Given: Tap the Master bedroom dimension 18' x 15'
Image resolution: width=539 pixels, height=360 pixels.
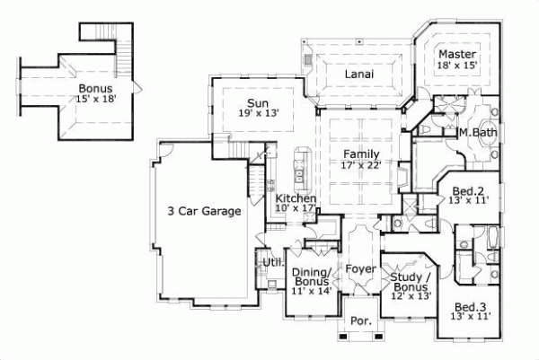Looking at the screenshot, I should [x=456, y=66].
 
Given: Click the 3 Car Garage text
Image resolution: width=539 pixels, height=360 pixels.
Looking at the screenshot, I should [x=204, y=212].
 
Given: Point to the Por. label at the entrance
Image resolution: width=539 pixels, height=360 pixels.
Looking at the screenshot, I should [x=360, y=320].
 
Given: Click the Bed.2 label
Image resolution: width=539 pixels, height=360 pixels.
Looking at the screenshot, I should [x=468, y=190].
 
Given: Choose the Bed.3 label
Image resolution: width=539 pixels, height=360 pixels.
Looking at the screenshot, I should [x=471, y=305].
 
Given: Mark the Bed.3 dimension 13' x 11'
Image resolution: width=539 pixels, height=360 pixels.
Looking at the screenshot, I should [x=471, y=316].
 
